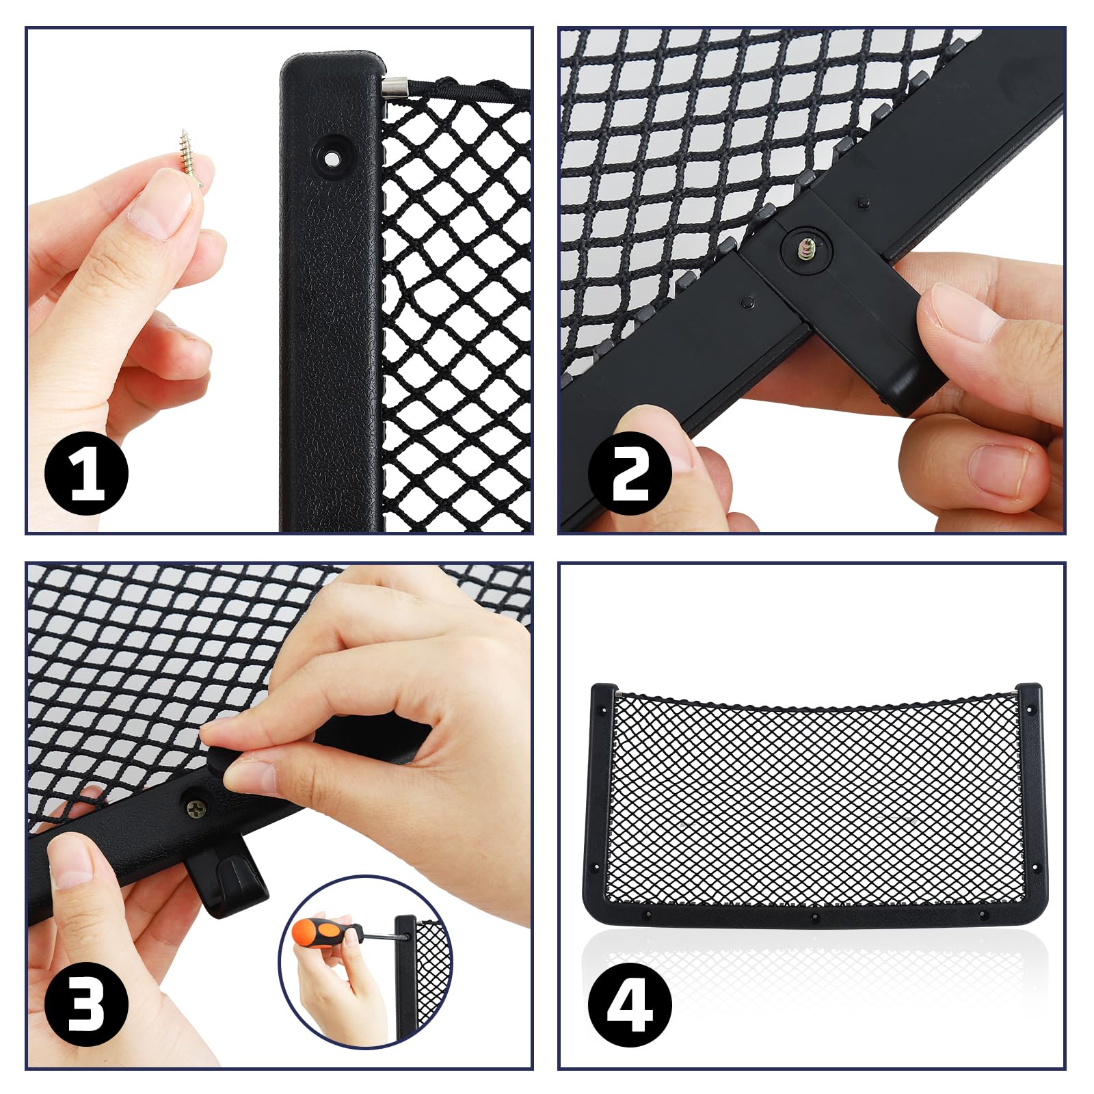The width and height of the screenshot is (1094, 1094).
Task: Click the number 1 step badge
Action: [86, 474]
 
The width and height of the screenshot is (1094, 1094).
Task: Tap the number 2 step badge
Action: [630, 474]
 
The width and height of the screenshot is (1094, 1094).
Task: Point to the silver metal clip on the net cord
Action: [395, 87]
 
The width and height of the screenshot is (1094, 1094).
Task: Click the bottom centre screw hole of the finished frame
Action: [814, 917]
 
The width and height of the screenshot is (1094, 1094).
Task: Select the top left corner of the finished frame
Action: [593, 686]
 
